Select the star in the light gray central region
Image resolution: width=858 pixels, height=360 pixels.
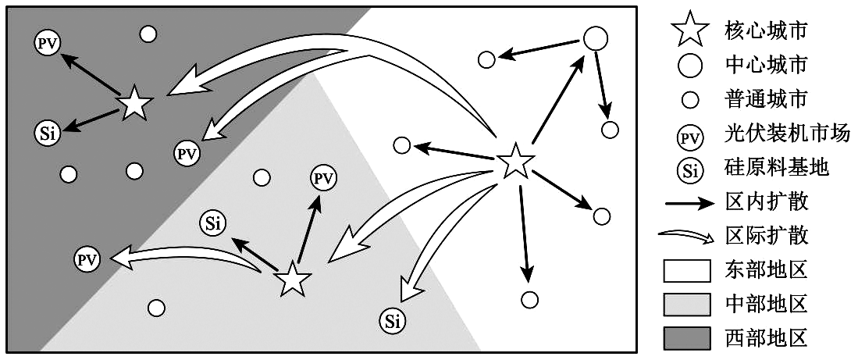[294, 279]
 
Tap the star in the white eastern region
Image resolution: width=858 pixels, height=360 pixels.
[515, 161]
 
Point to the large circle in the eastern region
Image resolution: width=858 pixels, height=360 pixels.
[596, 37]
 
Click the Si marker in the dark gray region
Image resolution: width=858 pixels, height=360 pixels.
[47, 133]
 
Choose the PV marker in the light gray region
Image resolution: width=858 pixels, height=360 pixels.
[322, 178]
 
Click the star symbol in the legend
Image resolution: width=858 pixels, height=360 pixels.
[689, 30]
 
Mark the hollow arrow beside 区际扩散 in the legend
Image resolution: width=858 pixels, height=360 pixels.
[687, 236]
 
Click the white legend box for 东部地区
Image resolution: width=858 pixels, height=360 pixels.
[687, 270]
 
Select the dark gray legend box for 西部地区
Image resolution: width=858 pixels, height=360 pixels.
[687, 337]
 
